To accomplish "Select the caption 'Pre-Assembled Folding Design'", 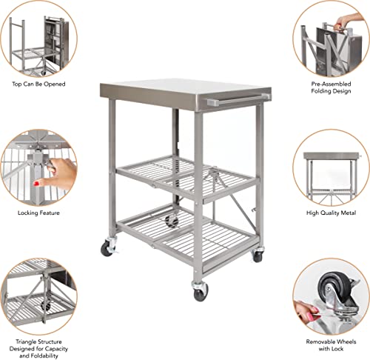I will click(331, 89).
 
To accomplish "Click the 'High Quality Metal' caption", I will click(331, 213).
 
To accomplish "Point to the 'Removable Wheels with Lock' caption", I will click(331, 347).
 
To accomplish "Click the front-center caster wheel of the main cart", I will click(201, 293).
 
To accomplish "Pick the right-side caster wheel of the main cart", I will click(257, 255).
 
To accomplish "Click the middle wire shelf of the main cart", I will click(185, 176).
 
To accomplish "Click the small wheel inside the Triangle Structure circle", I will click(46, 304).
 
